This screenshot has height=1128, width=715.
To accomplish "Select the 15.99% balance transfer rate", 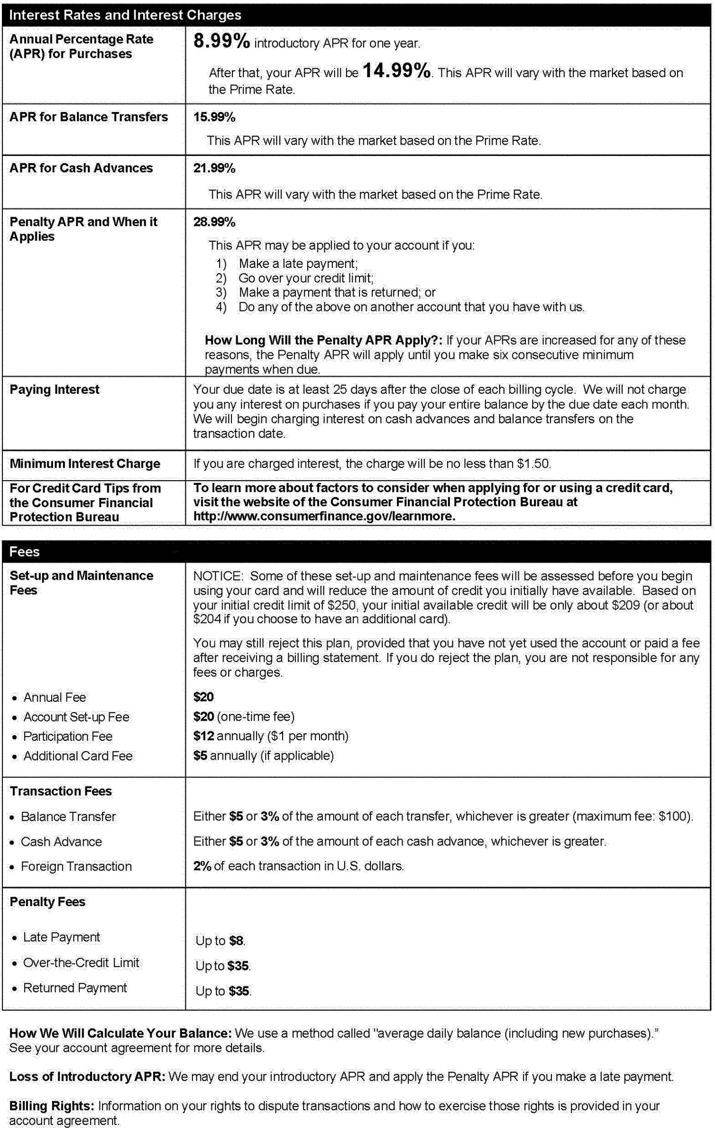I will tap(214, 117).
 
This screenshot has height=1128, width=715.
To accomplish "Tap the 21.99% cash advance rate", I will tap(214, 168).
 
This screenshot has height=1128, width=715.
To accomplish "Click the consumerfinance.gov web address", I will tap(324, 516).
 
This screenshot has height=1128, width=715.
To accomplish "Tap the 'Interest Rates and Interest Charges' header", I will tap(125, 15).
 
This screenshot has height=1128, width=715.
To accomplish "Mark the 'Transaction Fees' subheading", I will tap(61, 791).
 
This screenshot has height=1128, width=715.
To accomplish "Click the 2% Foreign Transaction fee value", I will tap(202, 866).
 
